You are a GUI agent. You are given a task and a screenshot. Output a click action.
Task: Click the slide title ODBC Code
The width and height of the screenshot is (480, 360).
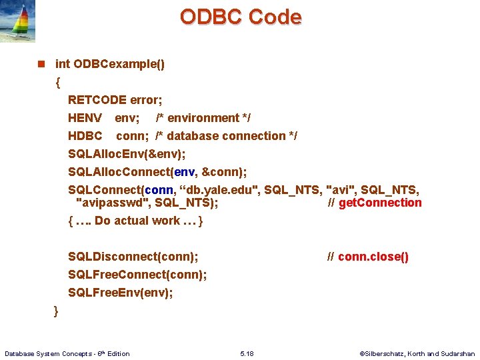click(240, 17)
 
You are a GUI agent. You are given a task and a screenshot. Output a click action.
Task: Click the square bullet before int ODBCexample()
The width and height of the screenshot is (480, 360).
click(41, 65)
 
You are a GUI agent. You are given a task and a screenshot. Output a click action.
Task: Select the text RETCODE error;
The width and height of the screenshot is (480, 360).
click(115, 100)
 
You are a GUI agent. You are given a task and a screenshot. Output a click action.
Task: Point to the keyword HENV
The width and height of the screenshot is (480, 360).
click(85, 118)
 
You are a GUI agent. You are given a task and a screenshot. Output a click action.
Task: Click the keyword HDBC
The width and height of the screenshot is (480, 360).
click(85, 136)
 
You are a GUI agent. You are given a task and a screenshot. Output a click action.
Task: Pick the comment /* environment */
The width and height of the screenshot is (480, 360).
click(203, 118)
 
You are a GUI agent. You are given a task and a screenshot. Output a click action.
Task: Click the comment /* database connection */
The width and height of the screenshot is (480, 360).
click(226, 136)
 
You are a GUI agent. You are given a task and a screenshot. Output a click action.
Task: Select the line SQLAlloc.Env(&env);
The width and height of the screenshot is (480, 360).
click(127, 154)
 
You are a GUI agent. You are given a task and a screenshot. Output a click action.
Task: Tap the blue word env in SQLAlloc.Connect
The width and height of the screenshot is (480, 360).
click(184, 172)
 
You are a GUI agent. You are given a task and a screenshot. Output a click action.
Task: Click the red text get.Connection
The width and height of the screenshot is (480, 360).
click(380, 203)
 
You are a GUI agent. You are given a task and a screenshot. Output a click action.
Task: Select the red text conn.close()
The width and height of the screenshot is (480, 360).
click(373, 257)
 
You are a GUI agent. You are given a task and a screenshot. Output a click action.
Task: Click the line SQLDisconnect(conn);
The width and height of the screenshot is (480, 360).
click(133, 257)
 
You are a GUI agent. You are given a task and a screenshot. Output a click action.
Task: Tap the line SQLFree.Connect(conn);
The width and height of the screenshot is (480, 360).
click(137, 275)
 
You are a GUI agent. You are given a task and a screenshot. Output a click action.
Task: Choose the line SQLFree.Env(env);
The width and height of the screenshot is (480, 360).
click(120, 293)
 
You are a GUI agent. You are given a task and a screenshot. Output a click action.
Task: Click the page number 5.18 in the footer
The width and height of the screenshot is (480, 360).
click(247, 353)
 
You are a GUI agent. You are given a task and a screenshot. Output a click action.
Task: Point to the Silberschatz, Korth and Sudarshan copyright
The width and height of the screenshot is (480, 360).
click(417, 353)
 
